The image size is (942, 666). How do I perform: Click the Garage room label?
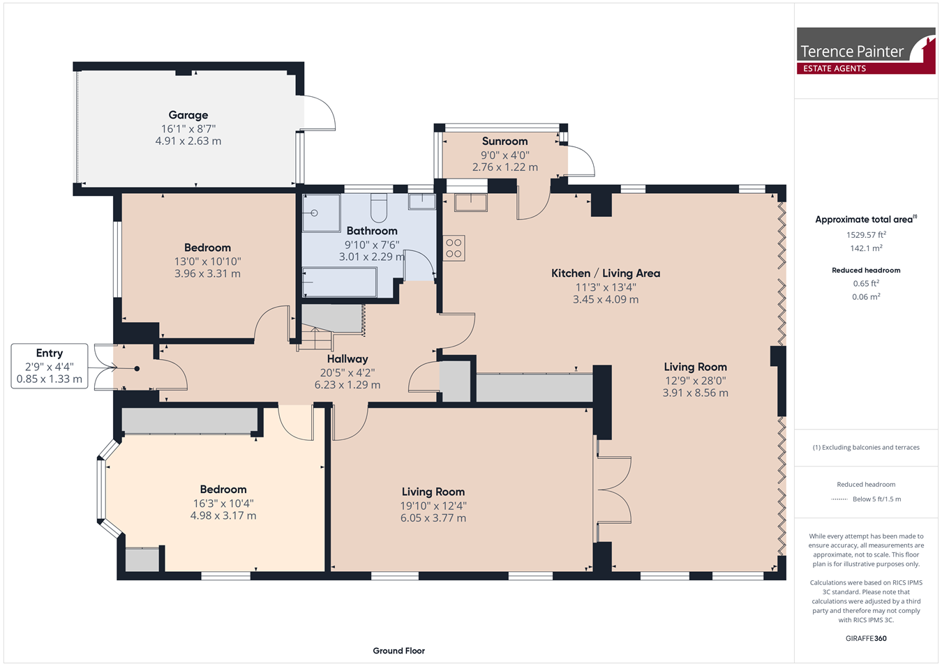point(188,114)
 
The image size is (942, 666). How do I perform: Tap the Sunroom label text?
point(504,141)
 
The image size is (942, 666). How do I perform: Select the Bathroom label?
point(372,231)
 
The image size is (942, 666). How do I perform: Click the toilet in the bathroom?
point(378,208)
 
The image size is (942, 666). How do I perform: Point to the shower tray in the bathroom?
point(321,213)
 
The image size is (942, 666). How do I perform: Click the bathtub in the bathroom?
point(339,282)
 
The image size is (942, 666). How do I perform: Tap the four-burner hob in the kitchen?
point(454,248)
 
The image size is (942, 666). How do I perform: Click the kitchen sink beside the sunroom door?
point(470,202)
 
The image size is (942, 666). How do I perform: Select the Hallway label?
point(347,359)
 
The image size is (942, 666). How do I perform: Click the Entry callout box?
point(50,366)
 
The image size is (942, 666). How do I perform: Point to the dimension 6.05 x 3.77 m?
point(433,518)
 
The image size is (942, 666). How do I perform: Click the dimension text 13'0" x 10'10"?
point(208,262)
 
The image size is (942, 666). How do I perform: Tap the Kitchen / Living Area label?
point(606,273)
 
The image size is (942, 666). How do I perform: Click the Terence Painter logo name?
point(852,52)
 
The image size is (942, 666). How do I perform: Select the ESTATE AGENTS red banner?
point(866,68)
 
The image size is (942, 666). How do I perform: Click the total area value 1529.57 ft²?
point(867,235)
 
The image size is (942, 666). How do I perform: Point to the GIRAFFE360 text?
point(866,638)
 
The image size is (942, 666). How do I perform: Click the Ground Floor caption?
point(398,651)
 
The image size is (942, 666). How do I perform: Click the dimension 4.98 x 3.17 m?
point(223,515)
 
